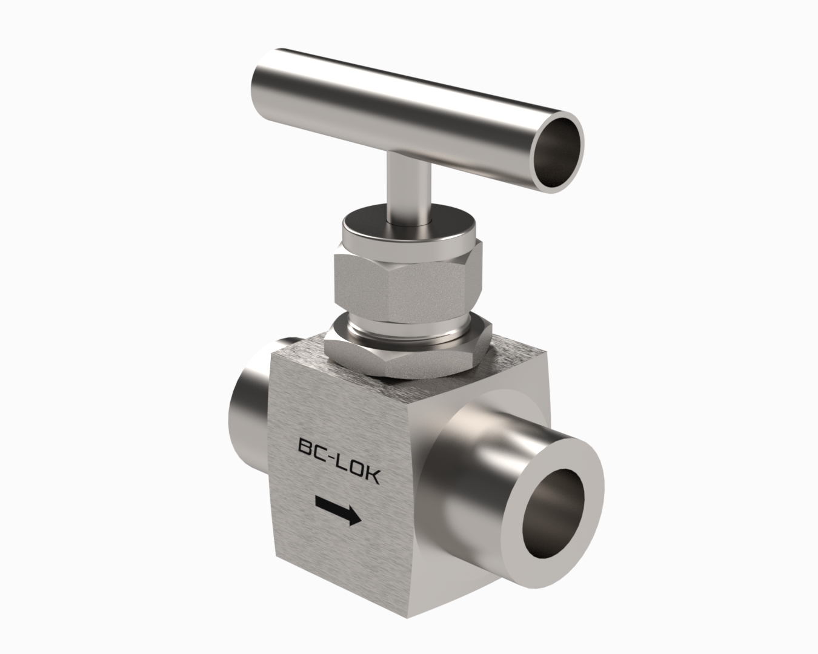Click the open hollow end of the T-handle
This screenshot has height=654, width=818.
pyautogui.click(x=557, y=153)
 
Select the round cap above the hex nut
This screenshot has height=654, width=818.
pyautogui.click(x=408, y=228)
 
